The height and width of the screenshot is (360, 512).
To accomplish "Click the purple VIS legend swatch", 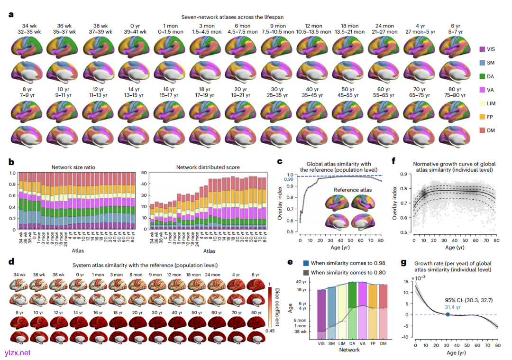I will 482,49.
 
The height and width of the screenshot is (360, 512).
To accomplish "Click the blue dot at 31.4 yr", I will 448,314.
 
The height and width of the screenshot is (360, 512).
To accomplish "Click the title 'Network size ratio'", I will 73,167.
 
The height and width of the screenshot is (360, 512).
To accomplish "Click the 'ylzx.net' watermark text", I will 18,353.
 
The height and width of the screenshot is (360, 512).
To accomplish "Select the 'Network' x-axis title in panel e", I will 348,350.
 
